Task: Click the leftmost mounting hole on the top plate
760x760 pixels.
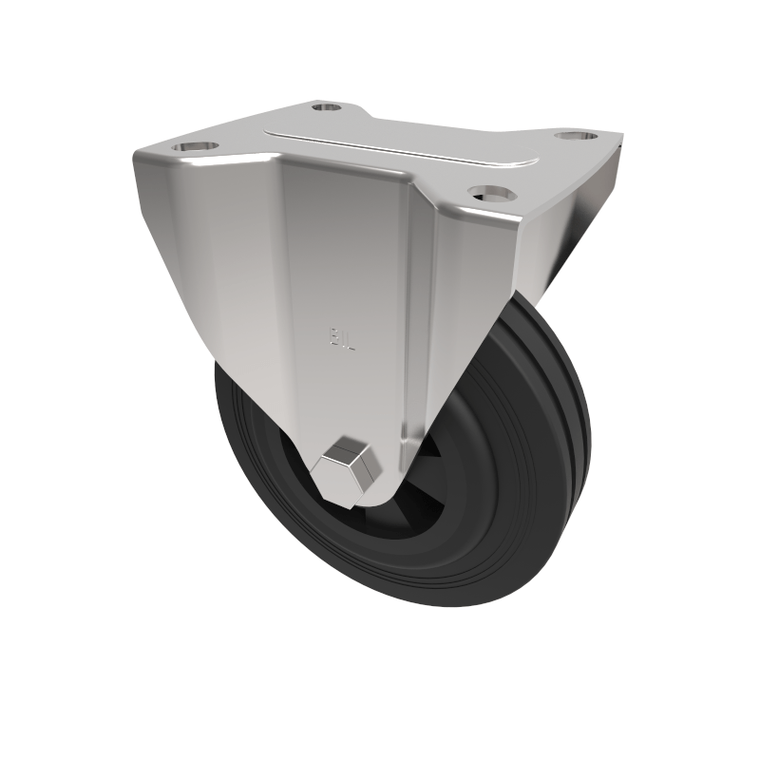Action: (x=195, y=147)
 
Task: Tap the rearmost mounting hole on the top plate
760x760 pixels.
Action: (x=326, y=107)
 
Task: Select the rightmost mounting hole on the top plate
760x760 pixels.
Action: (x=576, y=136)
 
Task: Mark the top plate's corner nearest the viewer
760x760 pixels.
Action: (x=519, y=215)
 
